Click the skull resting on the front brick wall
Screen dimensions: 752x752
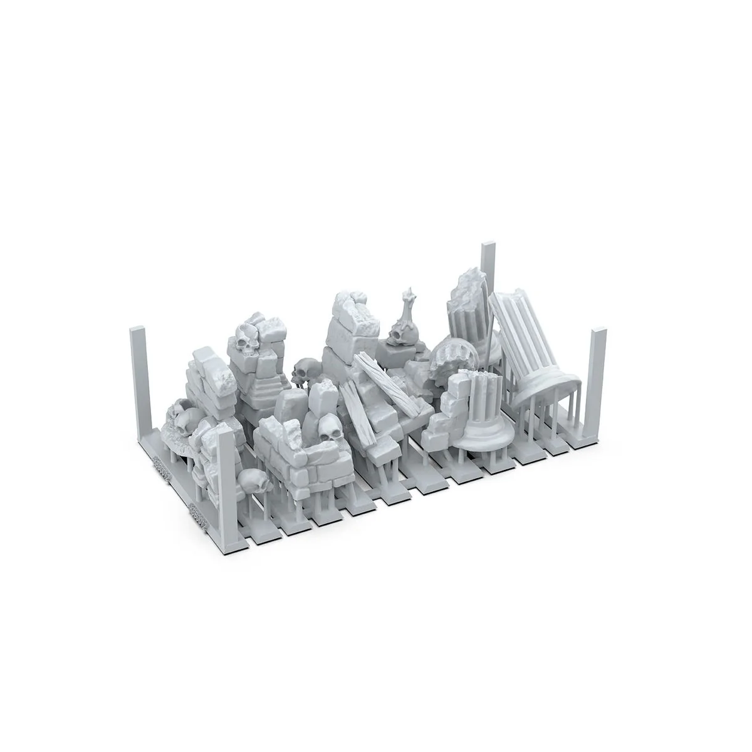tap(328, 429)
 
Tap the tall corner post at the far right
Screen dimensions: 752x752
tap(598, 382)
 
